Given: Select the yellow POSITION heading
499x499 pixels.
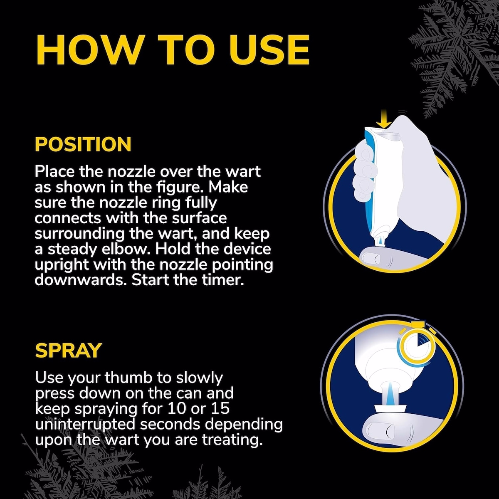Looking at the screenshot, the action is pos(83,144).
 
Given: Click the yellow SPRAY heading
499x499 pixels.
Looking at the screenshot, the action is pos(69,351).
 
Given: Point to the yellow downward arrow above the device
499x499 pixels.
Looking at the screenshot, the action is pos(384,119).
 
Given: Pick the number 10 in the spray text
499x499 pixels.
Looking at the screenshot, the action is pos(176,409).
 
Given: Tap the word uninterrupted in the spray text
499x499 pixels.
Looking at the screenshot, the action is pos(85,425).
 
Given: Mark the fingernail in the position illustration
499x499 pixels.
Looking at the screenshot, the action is pos(371,259).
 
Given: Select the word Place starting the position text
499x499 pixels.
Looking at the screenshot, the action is pos(55,171).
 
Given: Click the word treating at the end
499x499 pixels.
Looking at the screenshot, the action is pos(232,441).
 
